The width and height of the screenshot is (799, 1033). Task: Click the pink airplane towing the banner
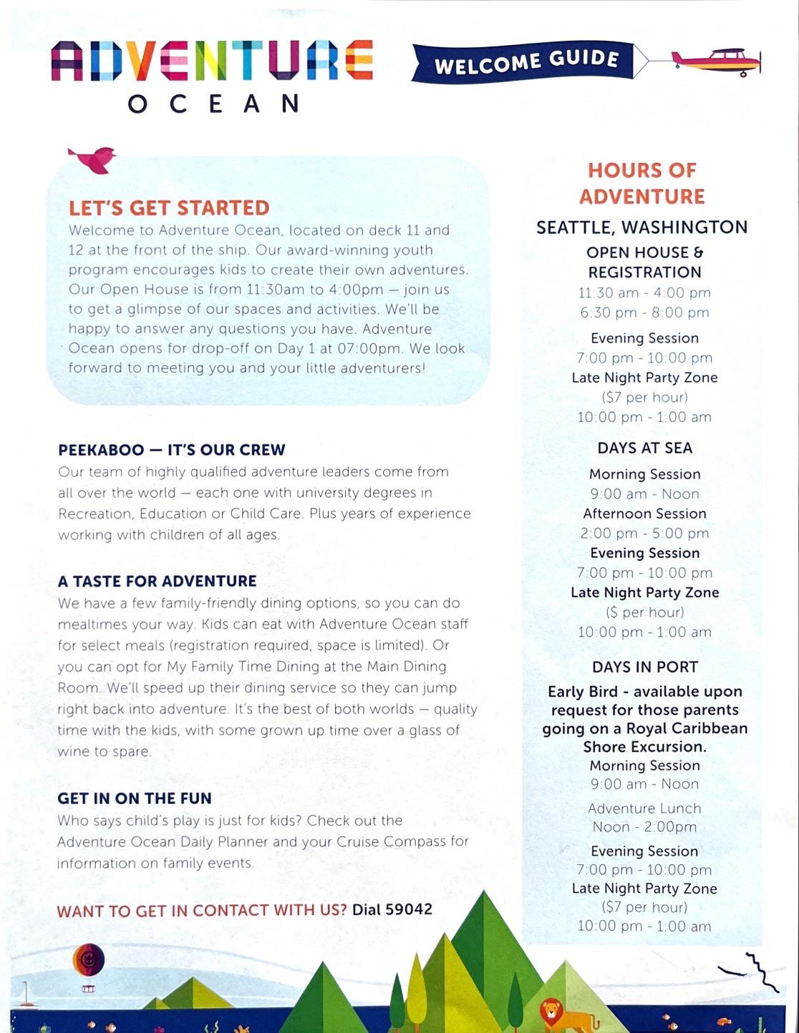(716, 62)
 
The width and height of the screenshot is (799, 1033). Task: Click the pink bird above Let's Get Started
(93, 159)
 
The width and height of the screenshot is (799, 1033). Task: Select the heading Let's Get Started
(169, 207)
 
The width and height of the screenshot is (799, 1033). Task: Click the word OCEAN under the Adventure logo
(213, 104)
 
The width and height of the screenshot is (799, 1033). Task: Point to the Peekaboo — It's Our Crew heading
(172, 450)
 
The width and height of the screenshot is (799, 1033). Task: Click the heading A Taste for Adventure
(157, 581)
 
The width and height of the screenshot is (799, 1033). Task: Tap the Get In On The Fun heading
(135, 798)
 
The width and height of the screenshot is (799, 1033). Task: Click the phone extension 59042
(409, 909)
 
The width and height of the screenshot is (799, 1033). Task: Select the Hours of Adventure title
(642, 183)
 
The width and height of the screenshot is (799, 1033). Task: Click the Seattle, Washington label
(642, 227)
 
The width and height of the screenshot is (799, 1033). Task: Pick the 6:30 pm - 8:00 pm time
(644, 313)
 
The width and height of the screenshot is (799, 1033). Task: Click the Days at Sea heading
(644, 449)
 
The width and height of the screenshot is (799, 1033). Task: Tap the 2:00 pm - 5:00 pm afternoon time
(644, 534)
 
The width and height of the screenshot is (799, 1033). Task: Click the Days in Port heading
(644, 667)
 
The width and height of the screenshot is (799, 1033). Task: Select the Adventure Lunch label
(644, 808)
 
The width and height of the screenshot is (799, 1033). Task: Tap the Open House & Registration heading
(644, 263)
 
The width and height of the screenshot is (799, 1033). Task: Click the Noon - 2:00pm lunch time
(644, 827)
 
